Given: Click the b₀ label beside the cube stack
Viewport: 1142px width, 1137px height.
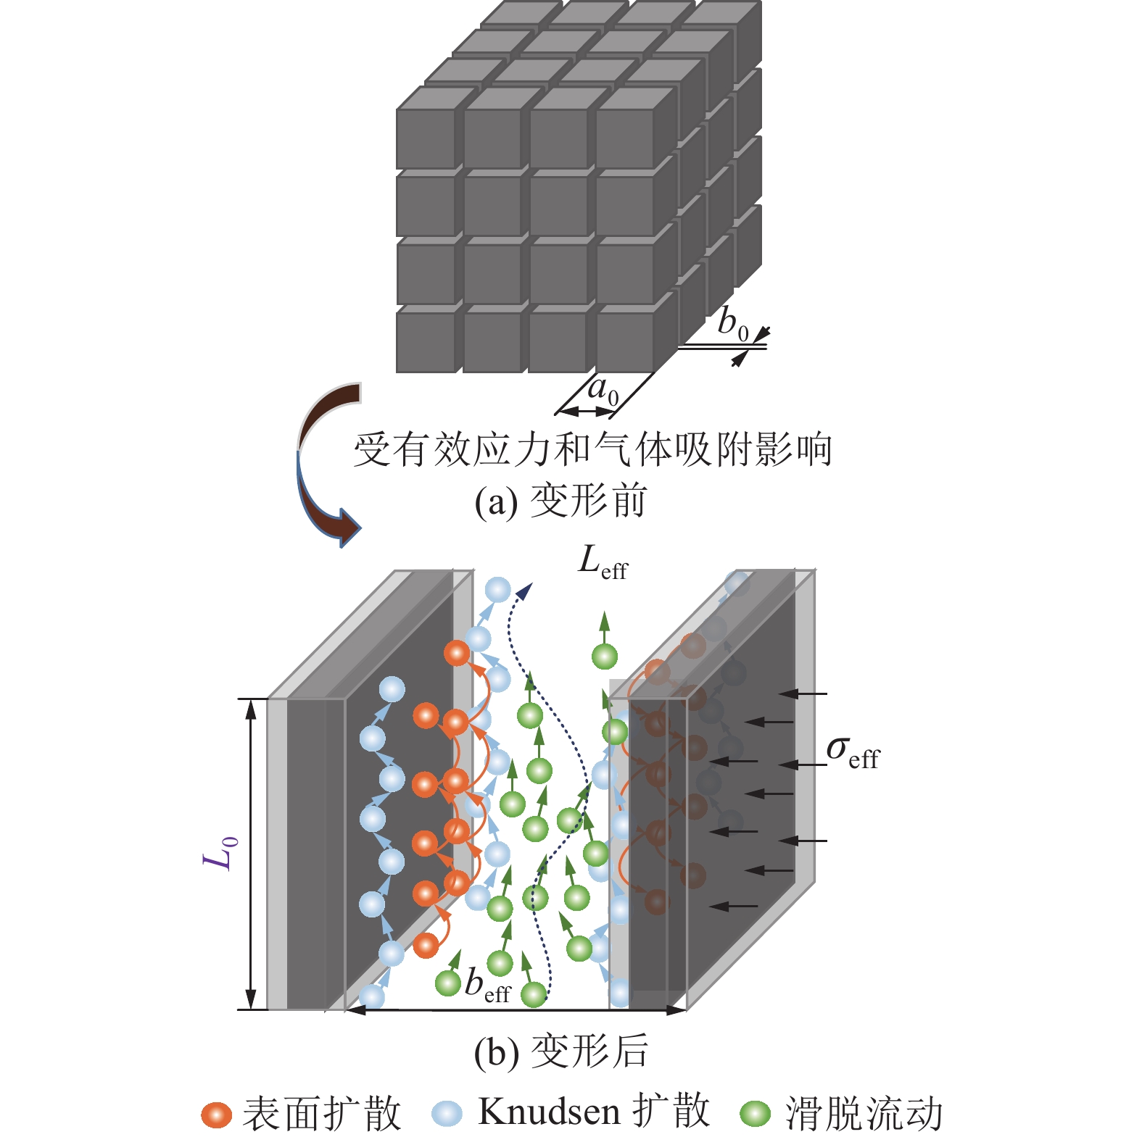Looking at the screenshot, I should point(732,323).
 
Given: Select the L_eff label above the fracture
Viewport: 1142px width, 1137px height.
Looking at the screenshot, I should point(603,562).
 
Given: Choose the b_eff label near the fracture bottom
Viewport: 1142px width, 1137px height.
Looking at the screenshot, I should point(487,986).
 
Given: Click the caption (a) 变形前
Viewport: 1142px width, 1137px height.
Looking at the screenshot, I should point(560,501).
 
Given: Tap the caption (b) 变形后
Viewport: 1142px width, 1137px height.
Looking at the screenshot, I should point(560,1051).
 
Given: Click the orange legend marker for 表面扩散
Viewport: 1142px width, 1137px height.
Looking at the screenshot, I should point(216,1114).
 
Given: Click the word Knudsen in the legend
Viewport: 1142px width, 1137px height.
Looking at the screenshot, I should point(549,1112).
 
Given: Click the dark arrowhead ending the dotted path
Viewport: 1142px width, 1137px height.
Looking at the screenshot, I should point(524,591).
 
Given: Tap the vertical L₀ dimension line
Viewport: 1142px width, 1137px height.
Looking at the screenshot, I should point(251,854).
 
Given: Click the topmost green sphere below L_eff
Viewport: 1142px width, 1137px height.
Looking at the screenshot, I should point(605,657).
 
